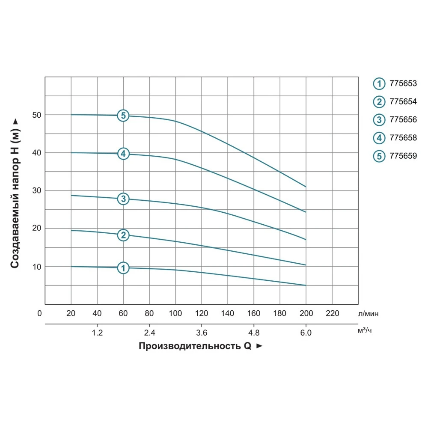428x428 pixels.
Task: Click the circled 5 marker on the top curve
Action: pyautogui.click(x=123, y=116)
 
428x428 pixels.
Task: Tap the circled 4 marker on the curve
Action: pyautogui.click(x=123, y=154)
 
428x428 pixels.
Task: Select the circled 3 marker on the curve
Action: pyautogui.click(x=123, y=199)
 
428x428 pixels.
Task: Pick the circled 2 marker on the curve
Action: pyautogui.click(x=123, y=235)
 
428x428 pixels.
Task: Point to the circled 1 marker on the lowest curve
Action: pyautogui.click(x=123, y=268)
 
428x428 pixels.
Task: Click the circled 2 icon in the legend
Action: pyautogui.click(x=379, y=102)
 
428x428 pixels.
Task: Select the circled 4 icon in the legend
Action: pyautogui.click(x=379, y=138)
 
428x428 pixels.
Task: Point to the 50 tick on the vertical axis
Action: pyautogui.click(x=36, y=115)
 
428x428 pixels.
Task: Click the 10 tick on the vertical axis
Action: pyautogui.click(x=36, y=267)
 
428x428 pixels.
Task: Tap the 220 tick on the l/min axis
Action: pyautogui.click(x=332, y=313)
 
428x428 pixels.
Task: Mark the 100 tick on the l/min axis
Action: pyautogui.click(x=175, y=313)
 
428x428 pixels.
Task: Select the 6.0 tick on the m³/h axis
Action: pyautogui.click(x=306, y=333)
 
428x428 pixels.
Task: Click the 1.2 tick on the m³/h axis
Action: pyautogui.click(x=98, y=333)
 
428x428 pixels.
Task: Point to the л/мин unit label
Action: pyautogui.click(x=369, y=314)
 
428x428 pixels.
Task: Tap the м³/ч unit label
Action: pyautogui.click(x=365, y=331)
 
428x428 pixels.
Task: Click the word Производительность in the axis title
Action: pyautogui.click(x=190, y=346)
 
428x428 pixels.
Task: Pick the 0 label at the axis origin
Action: pyautogui.click(x=40, y=313)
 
